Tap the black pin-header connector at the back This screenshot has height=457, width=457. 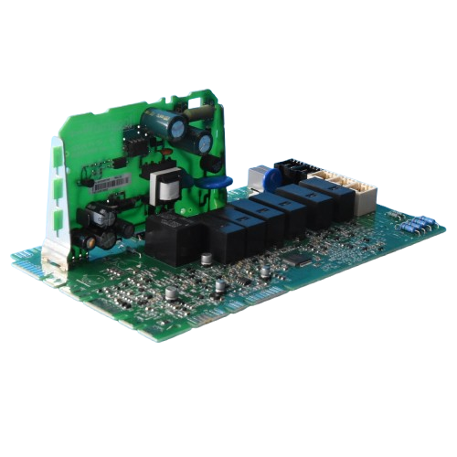point(290,170)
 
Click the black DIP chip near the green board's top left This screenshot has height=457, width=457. point(136,143)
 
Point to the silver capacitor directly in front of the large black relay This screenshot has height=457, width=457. point(170,292)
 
